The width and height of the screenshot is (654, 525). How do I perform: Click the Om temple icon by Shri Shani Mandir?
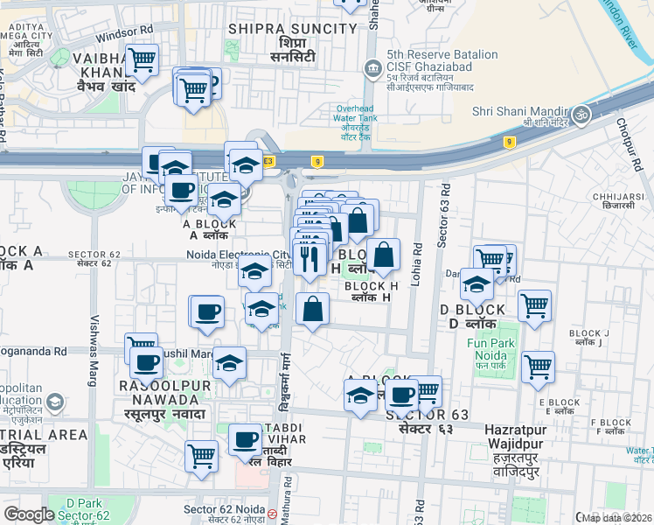coord(579,115)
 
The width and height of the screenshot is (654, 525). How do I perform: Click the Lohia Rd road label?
coord(417,262)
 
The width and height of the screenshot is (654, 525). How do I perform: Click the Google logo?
coord(29,514)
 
